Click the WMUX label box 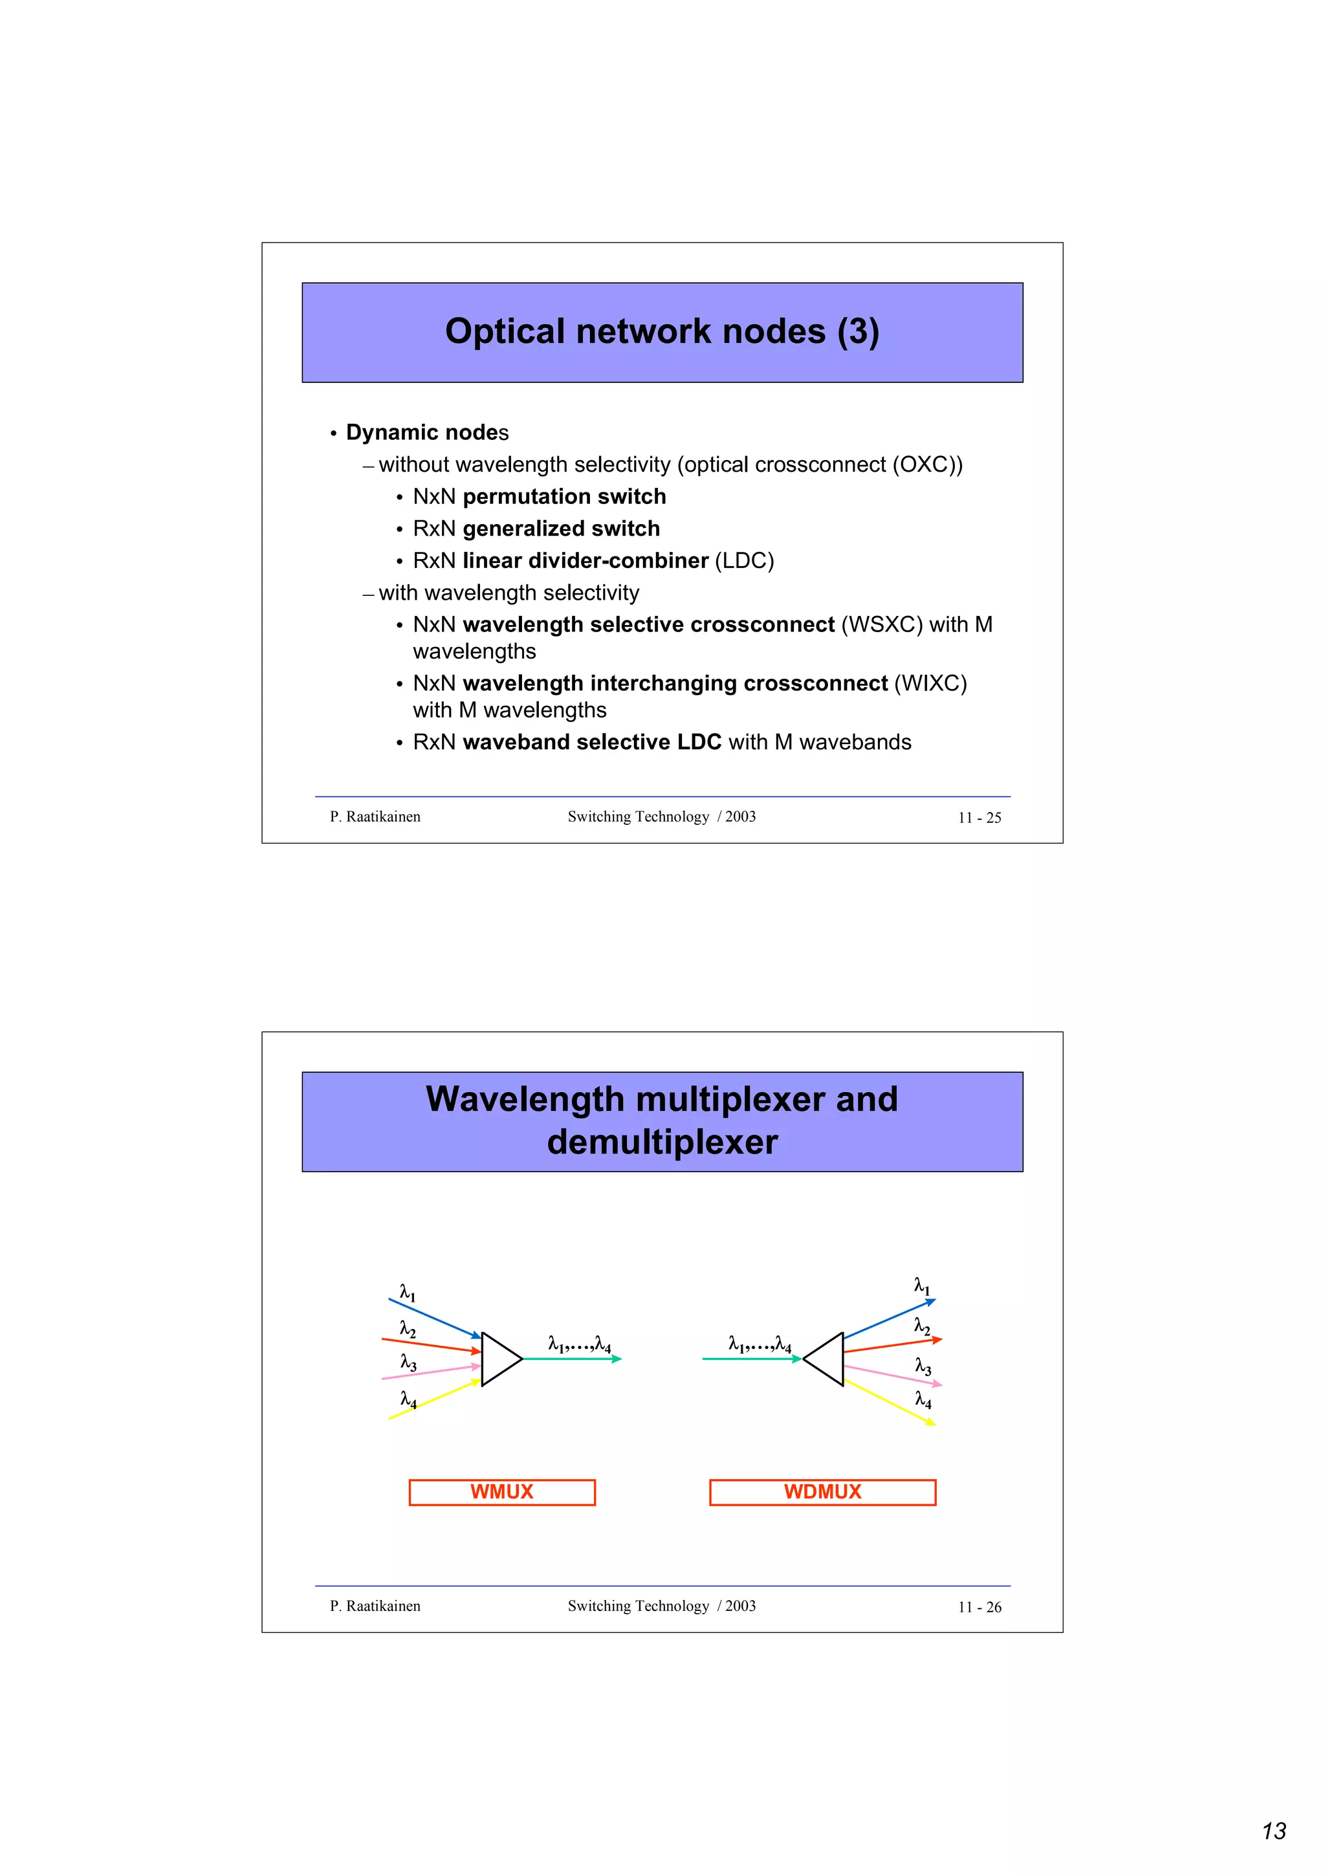(501, 1492)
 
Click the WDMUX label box (822, 1492)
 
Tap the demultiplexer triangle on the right (826, 1359)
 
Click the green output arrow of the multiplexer (571, 1359)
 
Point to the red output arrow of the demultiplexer (892, 1345)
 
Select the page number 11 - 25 (979, 817)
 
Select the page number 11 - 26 (979, 1607)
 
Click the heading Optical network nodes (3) (662, 331)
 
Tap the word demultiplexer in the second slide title (662, 1142)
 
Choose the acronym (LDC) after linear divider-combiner (744, 561)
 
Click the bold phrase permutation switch (564, 496)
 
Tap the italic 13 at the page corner (1274, 1831)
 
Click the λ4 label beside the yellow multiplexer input (408, 1399)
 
